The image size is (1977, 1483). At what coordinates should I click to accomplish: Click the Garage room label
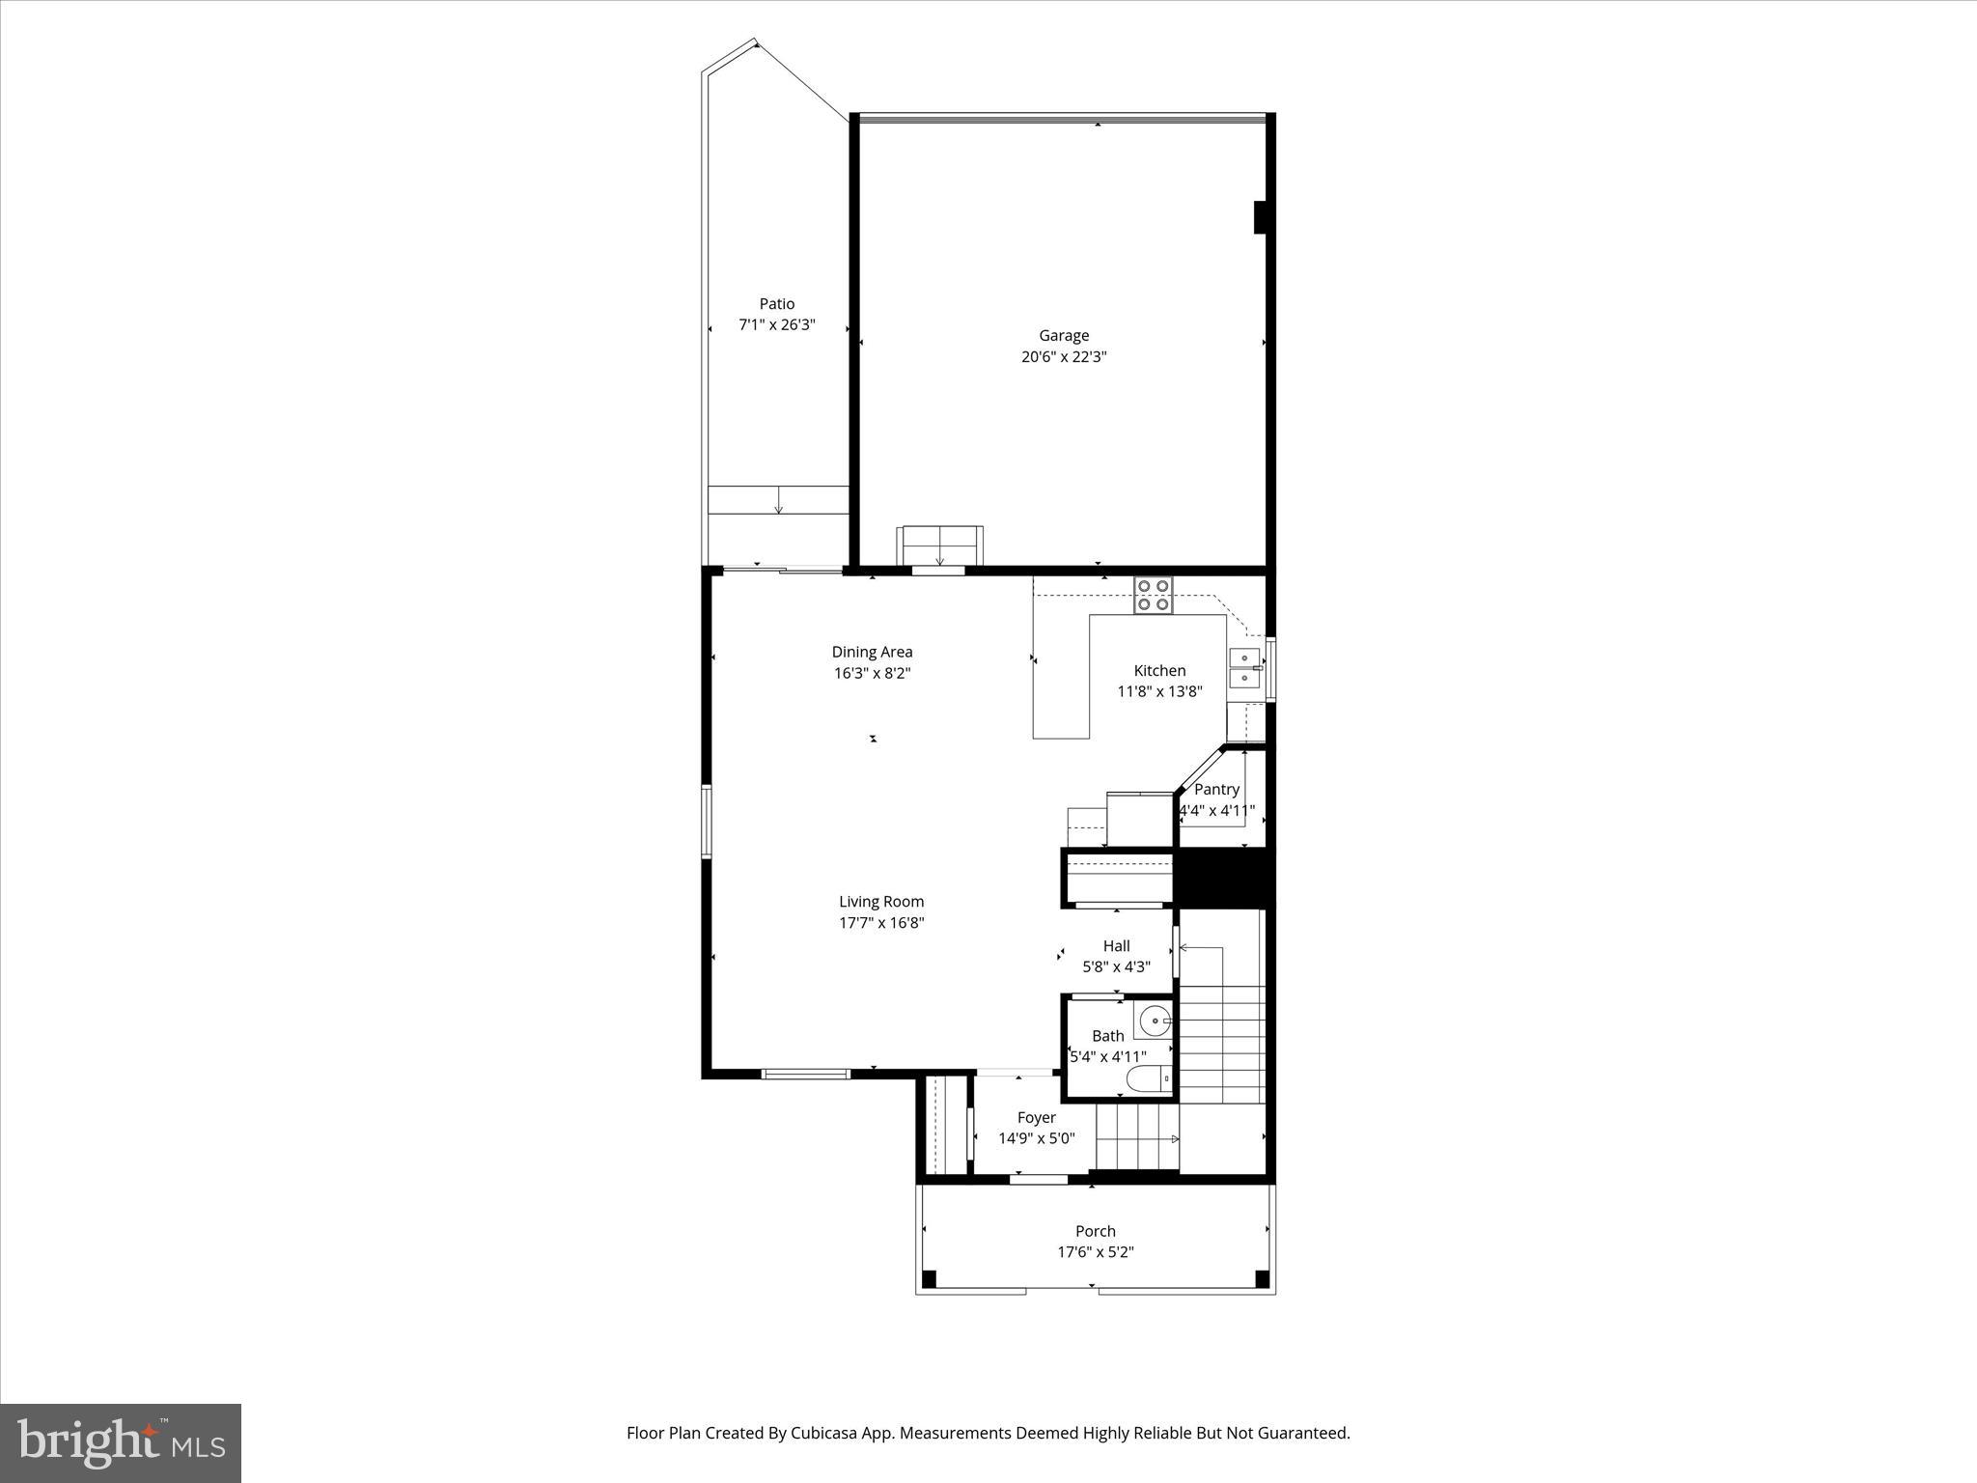[x=1063, y=336]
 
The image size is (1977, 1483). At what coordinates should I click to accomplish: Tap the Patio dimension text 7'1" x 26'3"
[x=776, y=325]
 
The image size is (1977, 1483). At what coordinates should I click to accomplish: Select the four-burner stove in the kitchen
[x=1153, y=595]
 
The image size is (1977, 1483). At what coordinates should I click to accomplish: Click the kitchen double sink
[x=1244, y=668]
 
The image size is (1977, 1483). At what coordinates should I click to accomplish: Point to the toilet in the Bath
[x=1149, y=1078]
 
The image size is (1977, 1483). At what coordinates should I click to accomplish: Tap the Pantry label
[x=1215, y=790]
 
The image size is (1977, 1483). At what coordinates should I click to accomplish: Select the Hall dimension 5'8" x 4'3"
[x=1116, y=966]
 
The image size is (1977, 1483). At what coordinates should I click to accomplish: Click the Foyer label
[x=1036, y=1118]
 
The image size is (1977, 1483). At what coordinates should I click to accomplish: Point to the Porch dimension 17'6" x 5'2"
[x=1095, y=1252]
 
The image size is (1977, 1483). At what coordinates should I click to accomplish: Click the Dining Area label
[x=872, y=653]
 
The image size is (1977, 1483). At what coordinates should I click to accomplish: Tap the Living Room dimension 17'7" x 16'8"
[x=880, y=923]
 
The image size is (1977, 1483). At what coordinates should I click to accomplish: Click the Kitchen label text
[x=1158, y=671]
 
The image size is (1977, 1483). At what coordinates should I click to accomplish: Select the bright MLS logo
[x=121, y=1442]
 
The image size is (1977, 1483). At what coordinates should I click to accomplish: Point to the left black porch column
[x=929, y=1279]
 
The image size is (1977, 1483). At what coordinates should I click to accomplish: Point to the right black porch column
[x=1262, y=1279]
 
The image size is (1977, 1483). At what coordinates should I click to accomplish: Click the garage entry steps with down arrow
[x=940, y=546]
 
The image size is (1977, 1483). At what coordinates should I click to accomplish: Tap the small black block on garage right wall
[x=1259, y=217]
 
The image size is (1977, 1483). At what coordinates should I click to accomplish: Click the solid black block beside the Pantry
[x=1223, y=877]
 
